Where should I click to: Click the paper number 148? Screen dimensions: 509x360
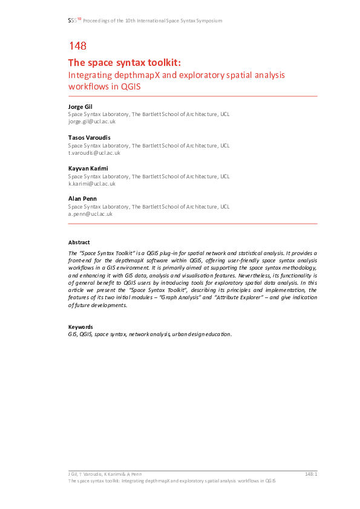(77, 45)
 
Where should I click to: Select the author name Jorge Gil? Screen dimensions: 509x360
(80, 107)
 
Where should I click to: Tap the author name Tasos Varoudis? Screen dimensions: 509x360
(88, 138)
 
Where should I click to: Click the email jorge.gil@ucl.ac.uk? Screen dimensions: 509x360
(91, 121)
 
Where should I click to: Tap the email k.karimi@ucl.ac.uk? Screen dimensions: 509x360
(91, 183)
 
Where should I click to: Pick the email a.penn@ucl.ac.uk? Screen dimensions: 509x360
(90, 213)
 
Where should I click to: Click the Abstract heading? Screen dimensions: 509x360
(79, 242)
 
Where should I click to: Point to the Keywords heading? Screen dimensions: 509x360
(80, 327)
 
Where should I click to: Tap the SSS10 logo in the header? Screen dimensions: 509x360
(74, 21)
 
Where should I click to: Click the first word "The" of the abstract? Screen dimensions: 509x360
(73, 252)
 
